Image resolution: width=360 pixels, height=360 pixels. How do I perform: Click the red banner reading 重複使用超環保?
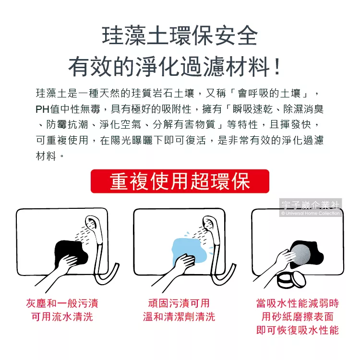(180, 181)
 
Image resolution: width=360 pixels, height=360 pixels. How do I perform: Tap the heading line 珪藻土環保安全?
(180, 36)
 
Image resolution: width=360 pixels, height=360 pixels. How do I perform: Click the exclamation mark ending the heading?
(277, 67)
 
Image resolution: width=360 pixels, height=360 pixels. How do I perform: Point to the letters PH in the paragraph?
(42, 109)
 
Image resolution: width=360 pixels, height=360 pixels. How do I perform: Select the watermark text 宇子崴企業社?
(311, 205)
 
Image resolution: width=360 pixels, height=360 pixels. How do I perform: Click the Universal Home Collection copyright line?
(311, 213)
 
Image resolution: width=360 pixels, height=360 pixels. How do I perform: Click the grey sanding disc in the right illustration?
(300, 255)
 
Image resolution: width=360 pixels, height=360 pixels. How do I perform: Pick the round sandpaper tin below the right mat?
(291, 280)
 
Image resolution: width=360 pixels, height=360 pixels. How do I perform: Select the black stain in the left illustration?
(71, 252)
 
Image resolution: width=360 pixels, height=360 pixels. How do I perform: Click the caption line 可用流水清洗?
(62, 317)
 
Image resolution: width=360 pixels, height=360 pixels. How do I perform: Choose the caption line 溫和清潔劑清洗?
(179, 317)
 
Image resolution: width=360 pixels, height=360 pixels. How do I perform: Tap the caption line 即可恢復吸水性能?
(298, 330)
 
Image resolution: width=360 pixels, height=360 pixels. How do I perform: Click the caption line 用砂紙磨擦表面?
(298, 317)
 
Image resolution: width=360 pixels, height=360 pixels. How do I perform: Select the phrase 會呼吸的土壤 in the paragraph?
(269, 94)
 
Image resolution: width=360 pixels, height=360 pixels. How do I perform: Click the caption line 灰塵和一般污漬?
(62, 303)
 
